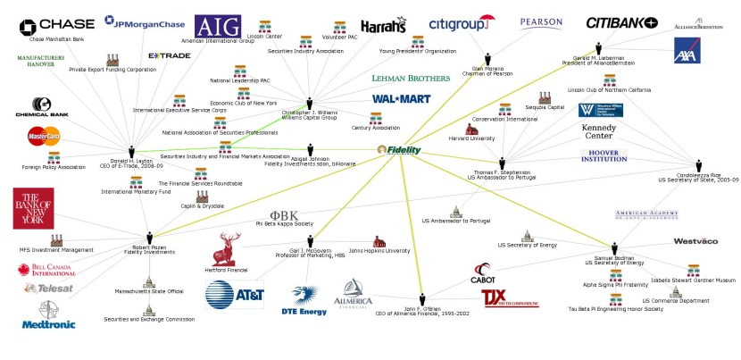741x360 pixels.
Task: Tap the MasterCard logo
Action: coord(43,137)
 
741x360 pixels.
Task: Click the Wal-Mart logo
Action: coord(402,98)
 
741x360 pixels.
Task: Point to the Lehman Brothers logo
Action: coord(411,79)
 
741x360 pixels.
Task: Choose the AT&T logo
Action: coord(235,294)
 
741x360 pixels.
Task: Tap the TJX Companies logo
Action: coord(504,297)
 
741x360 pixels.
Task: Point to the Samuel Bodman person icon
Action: coord(613,248)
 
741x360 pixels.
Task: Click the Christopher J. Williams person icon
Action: coord(310,104)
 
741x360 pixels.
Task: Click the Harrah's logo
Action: coord(384,26)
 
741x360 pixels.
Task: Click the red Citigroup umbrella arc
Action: coord(485,17)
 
